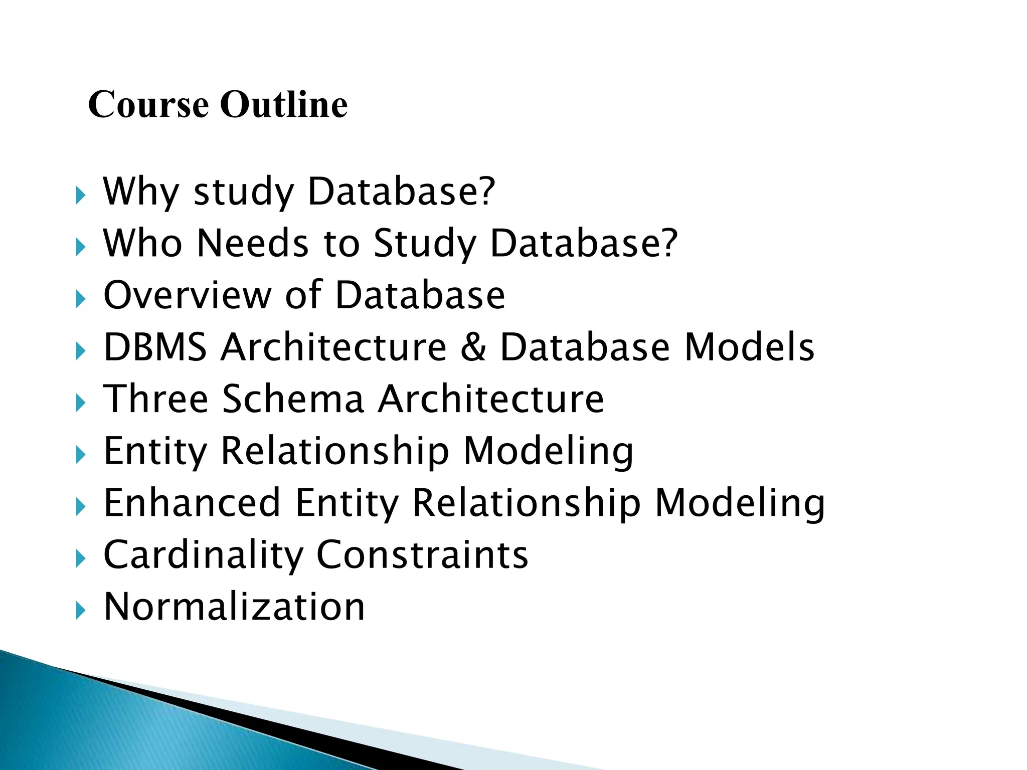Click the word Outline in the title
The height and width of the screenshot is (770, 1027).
(x=284, y=105)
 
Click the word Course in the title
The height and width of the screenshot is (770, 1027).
(x=148, y=105)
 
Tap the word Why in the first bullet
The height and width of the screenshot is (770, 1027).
(x=141, y=192)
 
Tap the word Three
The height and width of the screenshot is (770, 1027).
(x=155, y=399)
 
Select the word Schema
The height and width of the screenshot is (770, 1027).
(x=293, y=399)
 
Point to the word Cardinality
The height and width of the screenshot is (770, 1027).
(x=204, y=555)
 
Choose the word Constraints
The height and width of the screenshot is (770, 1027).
(x=422, y=555)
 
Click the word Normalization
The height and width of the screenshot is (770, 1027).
(x=234, y=607)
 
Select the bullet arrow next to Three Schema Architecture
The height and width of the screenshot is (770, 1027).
(x=80, y=403)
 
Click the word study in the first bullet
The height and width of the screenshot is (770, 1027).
(x=244, y=192)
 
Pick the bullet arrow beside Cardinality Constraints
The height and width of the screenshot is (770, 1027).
(x=80, y=558)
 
